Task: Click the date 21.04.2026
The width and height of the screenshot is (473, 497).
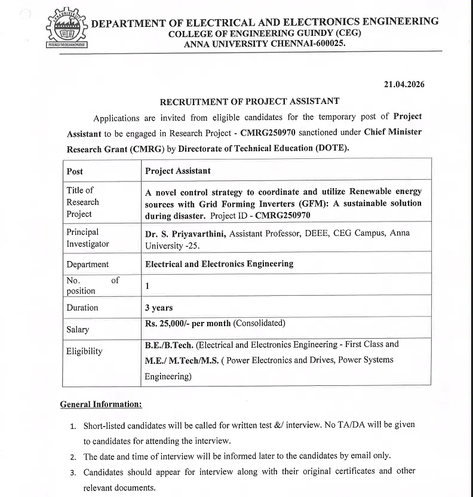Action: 404,84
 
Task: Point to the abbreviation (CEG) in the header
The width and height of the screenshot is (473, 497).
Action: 349,33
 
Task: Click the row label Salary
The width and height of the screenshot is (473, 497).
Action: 78,329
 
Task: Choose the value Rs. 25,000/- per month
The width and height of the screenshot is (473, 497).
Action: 188,323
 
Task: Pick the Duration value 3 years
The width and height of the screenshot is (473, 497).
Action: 159,308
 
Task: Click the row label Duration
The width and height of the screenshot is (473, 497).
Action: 82,307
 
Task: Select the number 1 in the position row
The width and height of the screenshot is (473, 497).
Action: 148,286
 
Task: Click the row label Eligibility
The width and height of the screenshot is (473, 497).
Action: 84,351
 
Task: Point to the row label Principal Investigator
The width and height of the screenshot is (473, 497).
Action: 88,238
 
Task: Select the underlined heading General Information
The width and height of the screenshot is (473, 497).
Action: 101,404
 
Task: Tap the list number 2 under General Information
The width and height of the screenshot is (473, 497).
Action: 72,457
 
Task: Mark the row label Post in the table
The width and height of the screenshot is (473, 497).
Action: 75,171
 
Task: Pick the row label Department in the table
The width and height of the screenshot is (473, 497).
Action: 88,264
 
